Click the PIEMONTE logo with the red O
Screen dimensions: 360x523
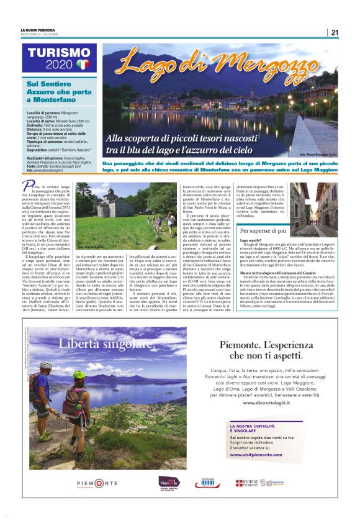(96, 483)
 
